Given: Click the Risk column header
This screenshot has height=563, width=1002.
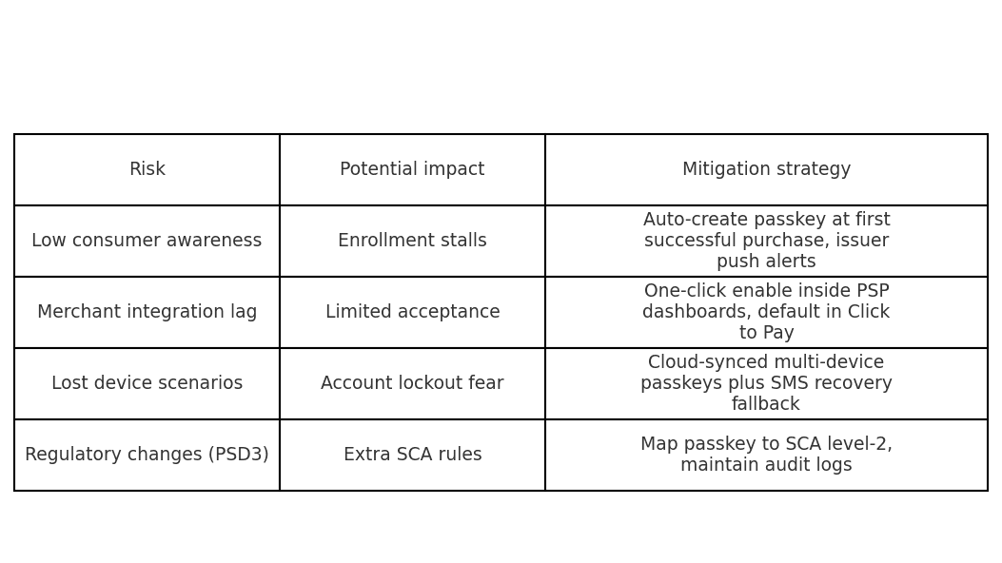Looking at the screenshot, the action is coord(147,169).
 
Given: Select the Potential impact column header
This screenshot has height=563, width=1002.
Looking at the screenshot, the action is coord(412,169).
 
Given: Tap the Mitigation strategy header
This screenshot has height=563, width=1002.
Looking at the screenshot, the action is coord(766,169).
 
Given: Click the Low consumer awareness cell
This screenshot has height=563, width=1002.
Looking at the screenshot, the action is coord(147,240).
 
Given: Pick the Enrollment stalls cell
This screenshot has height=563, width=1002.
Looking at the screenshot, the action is coord(412,240).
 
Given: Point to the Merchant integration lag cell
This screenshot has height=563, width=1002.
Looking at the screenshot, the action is coord(147,312).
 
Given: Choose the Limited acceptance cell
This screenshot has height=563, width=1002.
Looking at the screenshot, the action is coord(412,312).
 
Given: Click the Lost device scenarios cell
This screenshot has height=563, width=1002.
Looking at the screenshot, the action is coord(147,383).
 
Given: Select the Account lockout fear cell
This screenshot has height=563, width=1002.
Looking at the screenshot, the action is coord(412,383).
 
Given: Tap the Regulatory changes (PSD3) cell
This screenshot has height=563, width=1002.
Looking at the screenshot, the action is coord(147,454).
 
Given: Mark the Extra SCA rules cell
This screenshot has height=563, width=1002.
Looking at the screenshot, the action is coord(412,454).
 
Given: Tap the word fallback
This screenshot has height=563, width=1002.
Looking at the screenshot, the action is coord(766,403).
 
